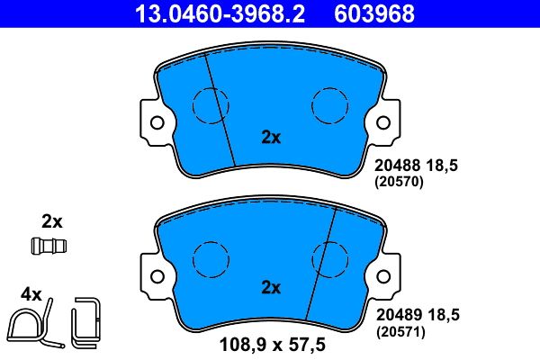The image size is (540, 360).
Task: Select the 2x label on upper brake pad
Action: click(x=271, y=138)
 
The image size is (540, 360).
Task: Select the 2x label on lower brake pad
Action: click(x=271, y=288)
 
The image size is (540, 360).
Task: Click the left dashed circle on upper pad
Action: click(x=210, y=105)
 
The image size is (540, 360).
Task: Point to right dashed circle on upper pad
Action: click(x=328, y=105)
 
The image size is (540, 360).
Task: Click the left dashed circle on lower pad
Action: click(x=210, y=258)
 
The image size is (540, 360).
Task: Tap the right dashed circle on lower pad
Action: click(x=328, y=258)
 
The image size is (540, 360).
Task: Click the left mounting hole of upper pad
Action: click(x=156, y=122)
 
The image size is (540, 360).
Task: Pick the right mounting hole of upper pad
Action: click(x=384, y=122)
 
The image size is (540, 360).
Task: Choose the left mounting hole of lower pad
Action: click(x=156, y=274)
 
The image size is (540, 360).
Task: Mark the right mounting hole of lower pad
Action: click(x=384, y=274)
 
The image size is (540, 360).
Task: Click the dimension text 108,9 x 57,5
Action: click(x=271, y=344)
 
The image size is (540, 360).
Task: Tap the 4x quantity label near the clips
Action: click(x=31, y=294)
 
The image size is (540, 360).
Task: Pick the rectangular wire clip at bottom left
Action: click(x=87, y=320)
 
